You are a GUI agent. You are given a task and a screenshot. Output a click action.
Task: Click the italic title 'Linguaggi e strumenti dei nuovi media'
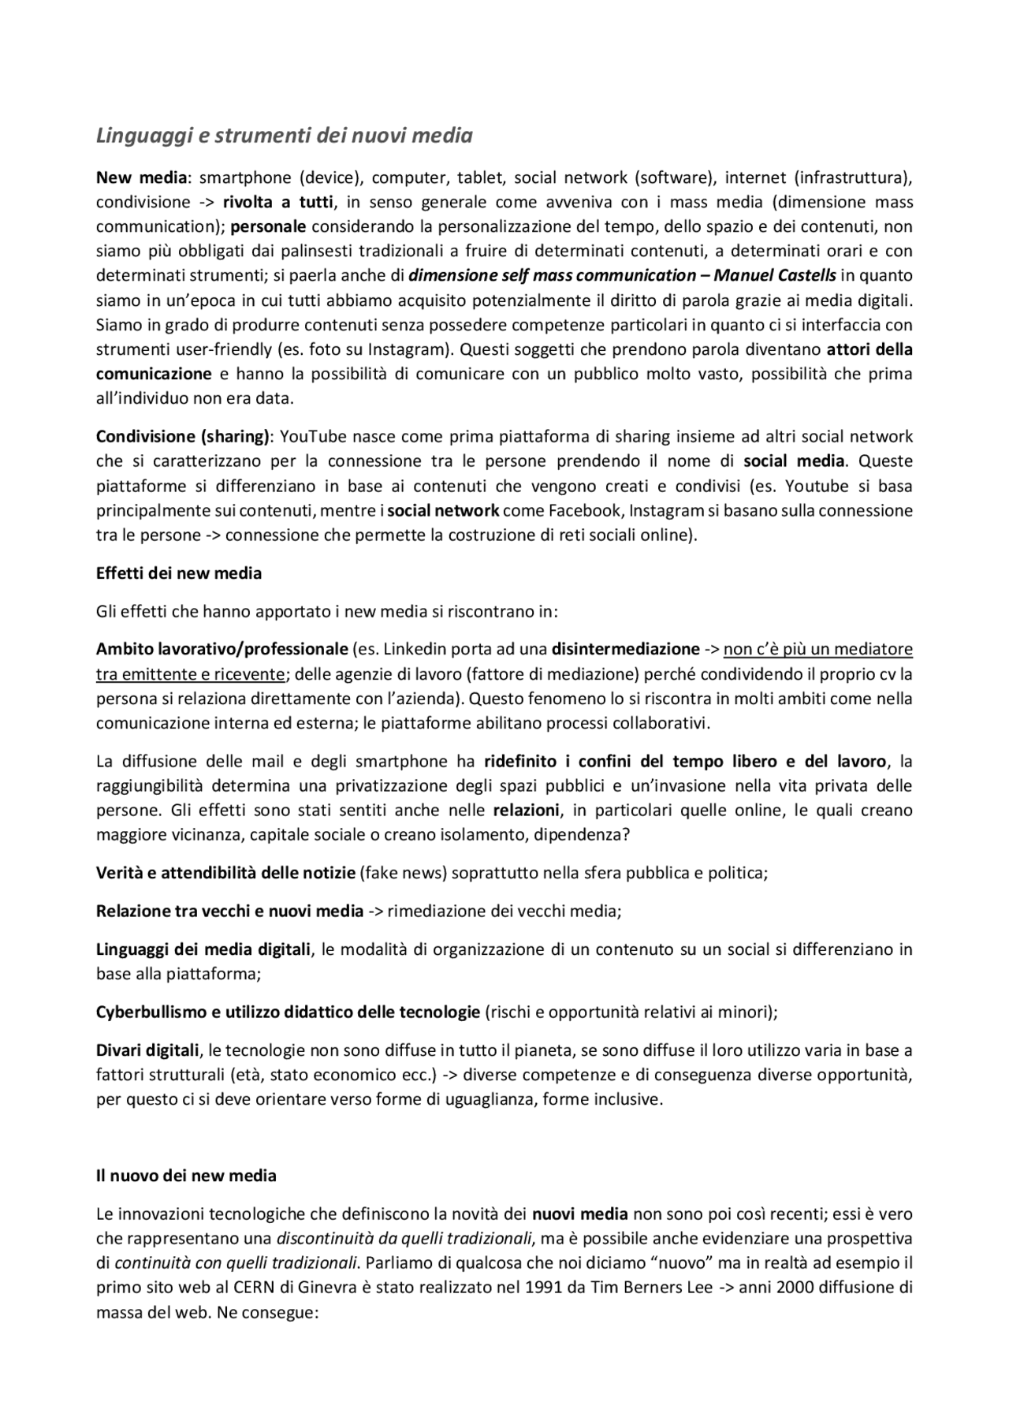click(284, 136)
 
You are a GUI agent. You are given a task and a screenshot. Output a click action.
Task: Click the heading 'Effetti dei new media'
click(179, 573)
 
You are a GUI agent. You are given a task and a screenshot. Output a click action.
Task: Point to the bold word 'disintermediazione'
click(626, 649)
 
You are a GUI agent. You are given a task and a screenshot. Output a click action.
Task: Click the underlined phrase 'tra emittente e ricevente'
click(190, 674)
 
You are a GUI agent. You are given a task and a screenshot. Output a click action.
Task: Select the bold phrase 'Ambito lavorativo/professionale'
click(222, 649)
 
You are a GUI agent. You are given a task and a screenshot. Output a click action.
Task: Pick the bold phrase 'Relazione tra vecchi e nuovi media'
click(229, 911)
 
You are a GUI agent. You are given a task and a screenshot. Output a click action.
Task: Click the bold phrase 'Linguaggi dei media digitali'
click(203, 949)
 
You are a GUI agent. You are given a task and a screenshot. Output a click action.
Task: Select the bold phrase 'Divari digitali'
click(147, 1050)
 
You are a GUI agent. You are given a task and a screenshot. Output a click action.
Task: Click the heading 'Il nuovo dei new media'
click(186, 1176)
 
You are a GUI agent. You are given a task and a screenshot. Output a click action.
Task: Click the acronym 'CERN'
click(252, 1288)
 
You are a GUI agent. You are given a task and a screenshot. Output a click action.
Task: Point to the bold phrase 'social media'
click(794, 460)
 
